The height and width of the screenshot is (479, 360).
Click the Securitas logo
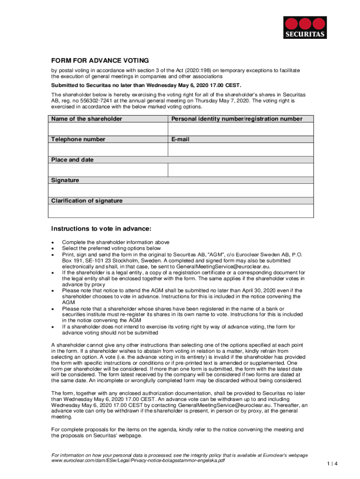(x=305, y=27)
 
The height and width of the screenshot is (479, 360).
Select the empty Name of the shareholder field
(x=108, y=129)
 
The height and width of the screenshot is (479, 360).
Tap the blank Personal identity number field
(x=240, y=129)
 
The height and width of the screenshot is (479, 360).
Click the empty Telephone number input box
(x=108, y=149)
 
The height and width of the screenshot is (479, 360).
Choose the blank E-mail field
(x=240, y=149)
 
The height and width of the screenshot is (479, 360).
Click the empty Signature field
(x=181, y=190)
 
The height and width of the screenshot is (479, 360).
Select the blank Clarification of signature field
(x=181, y=211)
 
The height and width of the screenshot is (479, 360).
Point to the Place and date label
(x=72, y=160)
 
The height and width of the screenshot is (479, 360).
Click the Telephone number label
(x=78, y=139)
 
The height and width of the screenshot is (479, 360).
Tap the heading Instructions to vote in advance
(x=101, y=229)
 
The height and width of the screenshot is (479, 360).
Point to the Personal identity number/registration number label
(x=237, y=119)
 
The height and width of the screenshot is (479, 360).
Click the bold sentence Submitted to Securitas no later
(x=146, y=85)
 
